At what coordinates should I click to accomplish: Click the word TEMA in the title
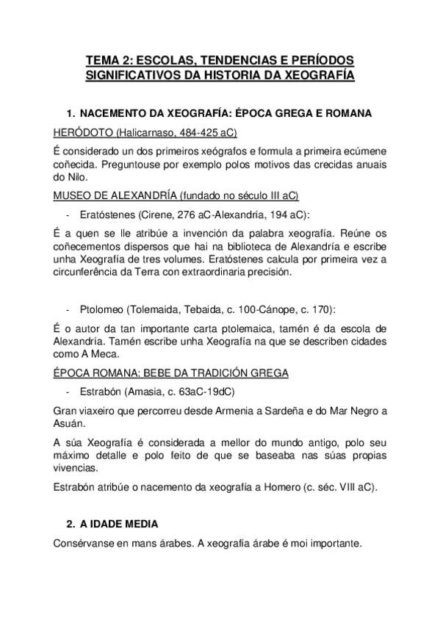pyautogui.click(x=103, y=60)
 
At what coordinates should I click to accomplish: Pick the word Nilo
pyautogui.click(x=76, y=179)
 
